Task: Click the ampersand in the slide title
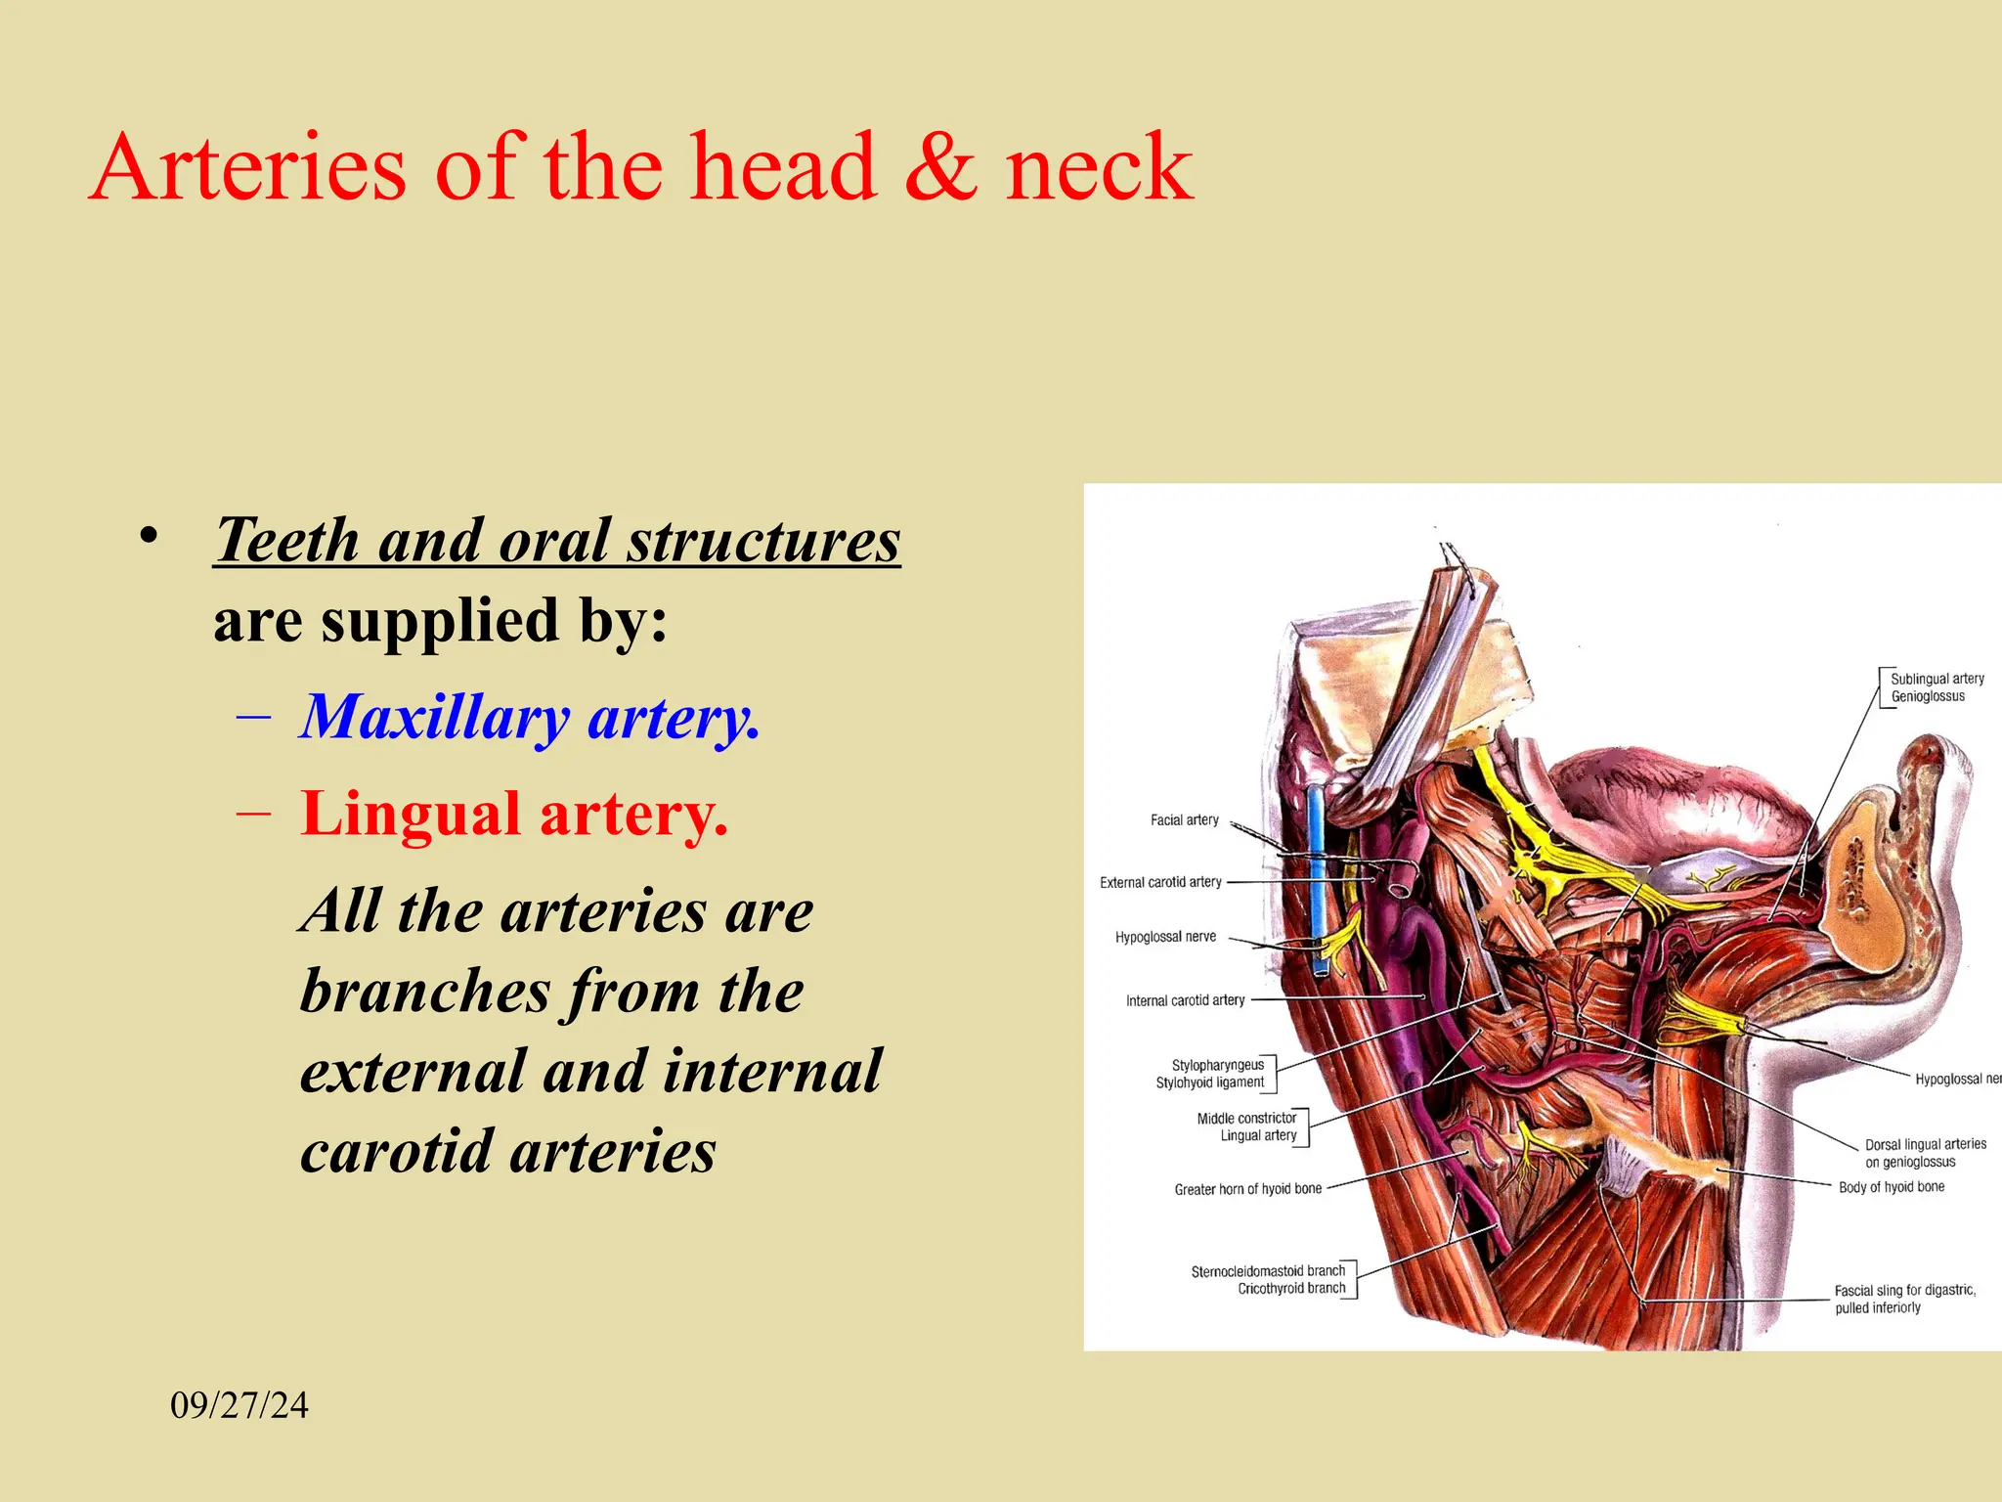pos(940,168)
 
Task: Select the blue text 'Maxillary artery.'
pos(529,718)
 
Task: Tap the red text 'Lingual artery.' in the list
pos(514,814)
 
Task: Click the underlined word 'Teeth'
pos(287,540)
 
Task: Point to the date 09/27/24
pos(239,1405)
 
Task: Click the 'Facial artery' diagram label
pos(1184,820)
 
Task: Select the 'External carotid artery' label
pos(1160,882)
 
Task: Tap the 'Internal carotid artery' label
pos(1185,1000)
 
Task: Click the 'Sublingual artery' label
pos(1937,679)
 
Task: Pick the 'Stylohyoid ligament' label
pos(1209,1082)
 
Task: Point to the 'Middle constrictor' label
pos(1246,1118)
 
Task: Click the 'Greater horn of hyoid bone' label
pos(1247,1189)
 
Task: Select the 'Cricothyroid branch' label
pos(1291,1289)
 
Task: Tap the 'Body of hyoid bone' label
pos(1891,1187)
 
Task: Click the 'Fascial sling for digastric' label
pos(1904,1291)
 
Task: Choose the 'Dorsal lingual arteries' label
pos(1925,1144)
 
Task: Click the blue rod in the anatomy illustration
pos(1317,880)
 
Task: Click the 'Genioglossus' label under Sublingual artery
pos(1927,696)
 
